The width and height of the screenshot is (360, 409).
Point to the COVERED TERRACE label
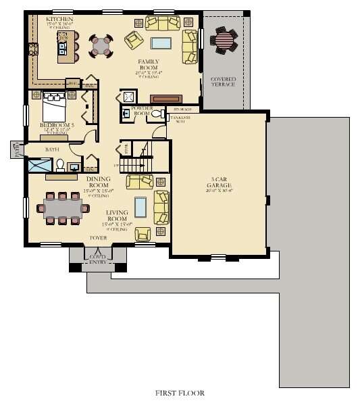[x=223, y=81]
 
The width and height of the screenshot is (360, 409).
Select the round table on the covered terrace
[x=224, y=41]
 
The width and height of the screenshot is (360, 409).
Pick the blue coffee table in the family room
[x=161, y=43]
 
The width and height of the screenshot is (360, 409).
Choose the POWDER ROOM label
[x=140, y=111]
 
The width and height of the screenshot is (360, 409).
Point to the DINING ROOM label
[x=99, y=181]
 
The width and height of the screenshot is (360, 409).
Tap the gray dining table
[x=63, y=208]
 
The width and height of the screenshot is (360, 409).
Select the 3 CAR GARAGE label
[x=220, y=182]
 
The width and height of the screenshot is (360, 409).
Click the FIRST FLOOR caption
[x=180, y=393]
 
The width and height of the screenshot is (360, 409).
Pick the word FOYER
[x=99, y=239]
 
